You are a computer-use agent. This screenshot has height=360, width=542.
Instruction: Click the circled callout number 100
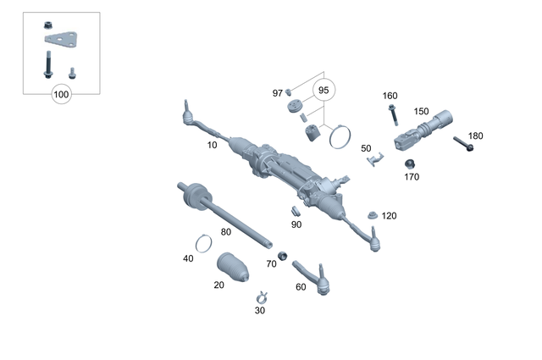pos(61,95)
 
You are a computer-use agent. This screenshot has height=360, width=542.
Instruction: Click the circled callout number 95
pos(324,89)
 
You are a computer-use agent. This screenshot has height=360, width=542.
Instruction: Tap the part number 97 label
pos(277,92)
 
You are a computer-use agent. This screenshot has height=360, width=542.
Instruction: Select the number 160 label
pos(390,96)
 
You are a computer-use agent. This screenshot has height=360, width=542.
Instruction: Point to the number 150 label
pos(421,111)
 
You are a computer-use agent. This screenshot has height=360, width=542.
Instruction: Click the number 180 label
pos(475,136)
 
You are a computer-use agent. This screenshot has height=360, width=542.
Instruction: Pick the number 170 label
pos(412,177)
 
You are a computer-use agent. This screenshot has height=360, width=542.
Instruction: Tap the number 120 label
pos(389,216)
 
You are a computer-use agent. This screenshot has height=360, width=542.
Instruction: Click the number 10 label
pos(212,145)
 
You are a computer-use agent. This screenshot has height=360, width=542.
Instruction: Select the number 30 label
pos(259,310)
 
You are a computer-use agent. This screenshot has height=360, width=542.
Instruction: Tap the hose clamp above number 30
pos(262,296)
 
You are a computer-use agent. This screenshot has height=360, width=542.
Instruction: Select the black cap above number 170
pos(410,163)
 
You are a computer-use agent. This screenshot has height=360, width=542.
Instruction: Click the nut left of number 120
pos(372,215)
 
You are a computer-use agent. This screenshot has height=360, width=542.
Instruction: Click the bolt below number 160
pos(393,113)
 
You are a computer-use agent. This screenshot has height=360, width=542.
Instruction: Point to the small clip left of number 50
pos(374,158)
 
